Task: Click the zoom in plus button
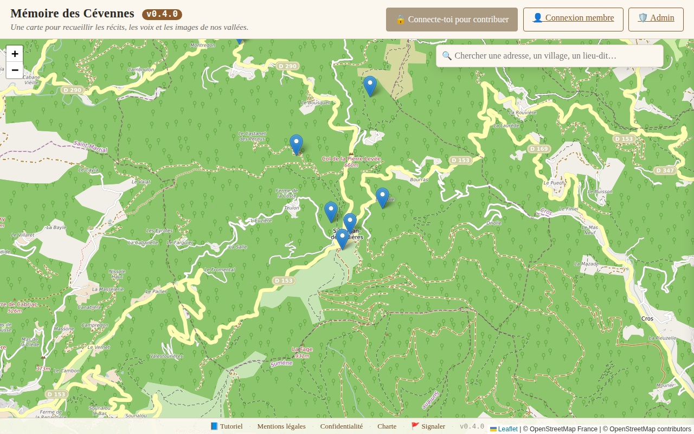[15, 54]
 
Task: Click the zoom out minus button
[15, 70]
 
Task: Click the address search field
[550, 56]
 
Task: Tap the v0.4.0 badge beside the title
[162, 15]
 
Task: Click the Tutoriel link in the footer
[227, 426]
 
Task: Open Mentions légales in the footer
[281, 426]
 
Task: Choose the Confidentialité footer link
[342, 426]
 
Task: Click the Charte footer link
[387, 426]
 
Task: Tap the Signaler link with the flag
[428, 426]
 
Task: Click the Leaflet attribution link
[507, 429]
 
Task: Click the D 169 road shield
[538, 149]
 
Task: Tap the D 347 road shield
[664, 170]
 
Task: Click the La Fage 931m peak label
[302, 352]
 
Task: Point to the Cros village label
[647, 318]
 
